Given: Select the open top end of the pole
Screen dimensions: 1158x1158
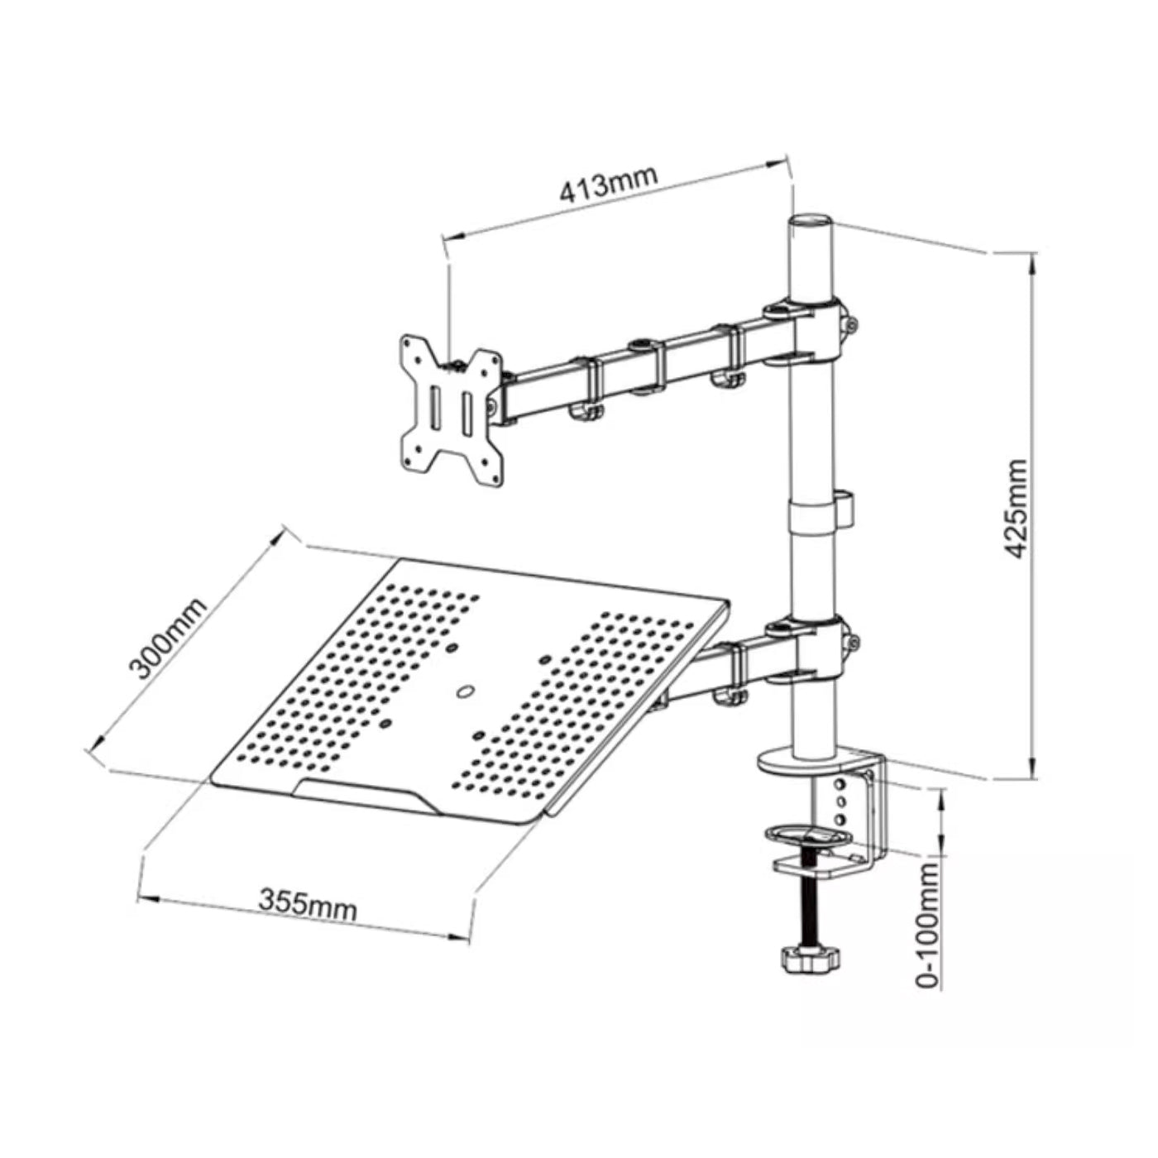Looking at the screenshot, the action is [x=811, y=221].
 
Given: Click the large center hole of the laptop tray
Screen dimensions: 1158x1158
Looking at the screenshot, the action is [x=463, y=691].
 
